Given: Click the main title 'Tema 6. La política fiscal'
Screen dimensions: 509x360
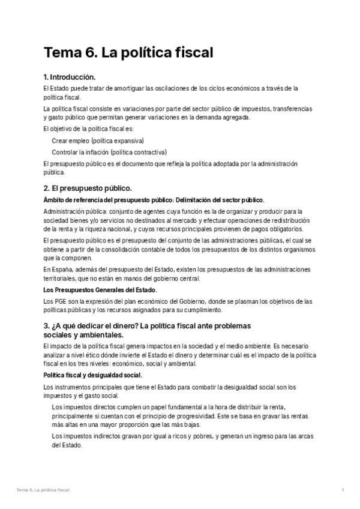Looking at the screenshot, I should click(128, 53).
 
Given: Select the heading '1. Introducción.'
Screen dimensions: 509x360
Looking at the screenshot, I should click(70, 77).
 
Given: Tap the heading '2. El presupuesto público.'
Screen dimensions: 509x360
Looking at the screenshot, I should click(87, 188).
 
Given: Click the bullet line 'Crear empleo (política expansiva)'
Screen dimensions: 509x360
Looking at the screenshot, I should click(98, 140).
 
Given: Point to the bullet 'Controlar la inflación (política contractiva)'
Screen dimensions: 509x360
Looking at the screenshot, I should click(109, 152).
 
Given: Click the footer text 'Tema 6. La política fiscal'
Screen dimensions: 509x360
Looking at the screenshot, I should click(43, 490).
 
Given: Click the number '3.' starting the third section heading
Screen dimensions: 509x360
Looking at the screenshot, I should click(47, 326).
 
